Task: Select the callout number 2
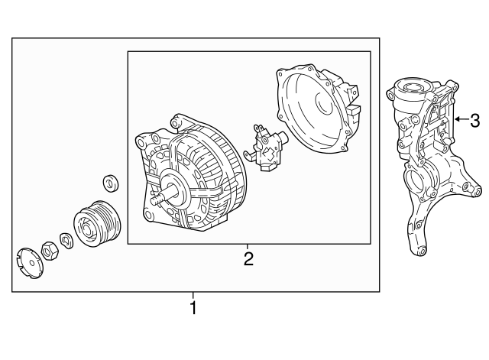click(248, 258)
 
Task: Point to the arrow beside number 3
click(458, 120)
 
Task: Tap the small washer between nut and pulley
click(66, 240)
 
